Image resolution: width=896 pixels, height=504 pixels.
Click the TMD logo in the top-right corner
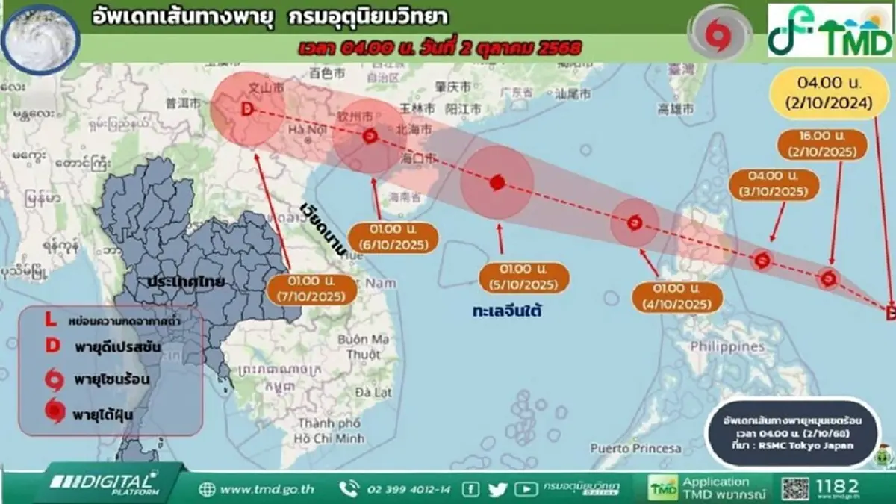coord(830,30)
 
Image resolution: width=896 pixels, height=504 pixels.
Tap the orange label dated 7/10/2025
coord(317,289)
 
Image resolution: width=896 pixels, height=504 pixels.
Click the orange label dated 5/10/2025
coord(523,277)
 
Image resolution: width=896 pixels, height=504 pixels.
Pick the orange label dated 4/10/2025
coord(677,296)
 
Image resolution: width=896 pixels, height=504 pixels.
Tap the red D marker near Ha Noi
coord(247,111)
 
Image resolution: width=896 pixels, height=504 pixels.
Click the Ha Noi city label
coord(305,131)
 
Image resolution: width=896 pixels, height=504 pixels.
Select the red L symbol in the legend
coord(50,320)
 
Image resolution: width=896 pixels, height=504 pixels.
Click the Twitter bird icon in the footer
coord(498,489)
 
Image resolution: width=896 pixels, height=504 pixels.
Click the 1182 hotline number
coord(837,486)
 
